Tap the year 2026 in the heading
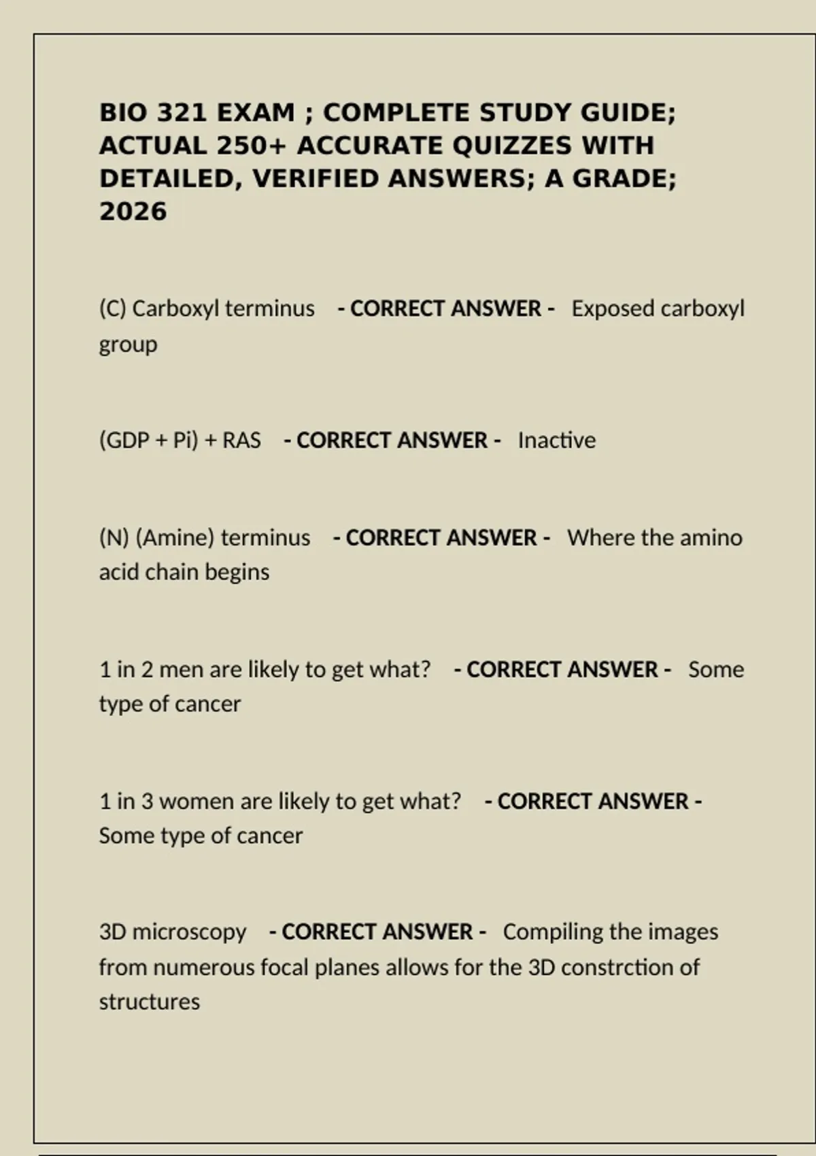[x=133, y=211]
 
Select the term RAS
[x=241, y=441]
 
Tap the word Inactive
[x=557, y=441]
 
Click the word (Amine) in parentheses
[x=175, y=538]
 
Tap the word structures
[x=150, y=1002]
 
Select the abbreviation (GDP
[x=124, y=441]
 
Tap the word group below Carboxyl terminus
[x=128, y=344]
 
